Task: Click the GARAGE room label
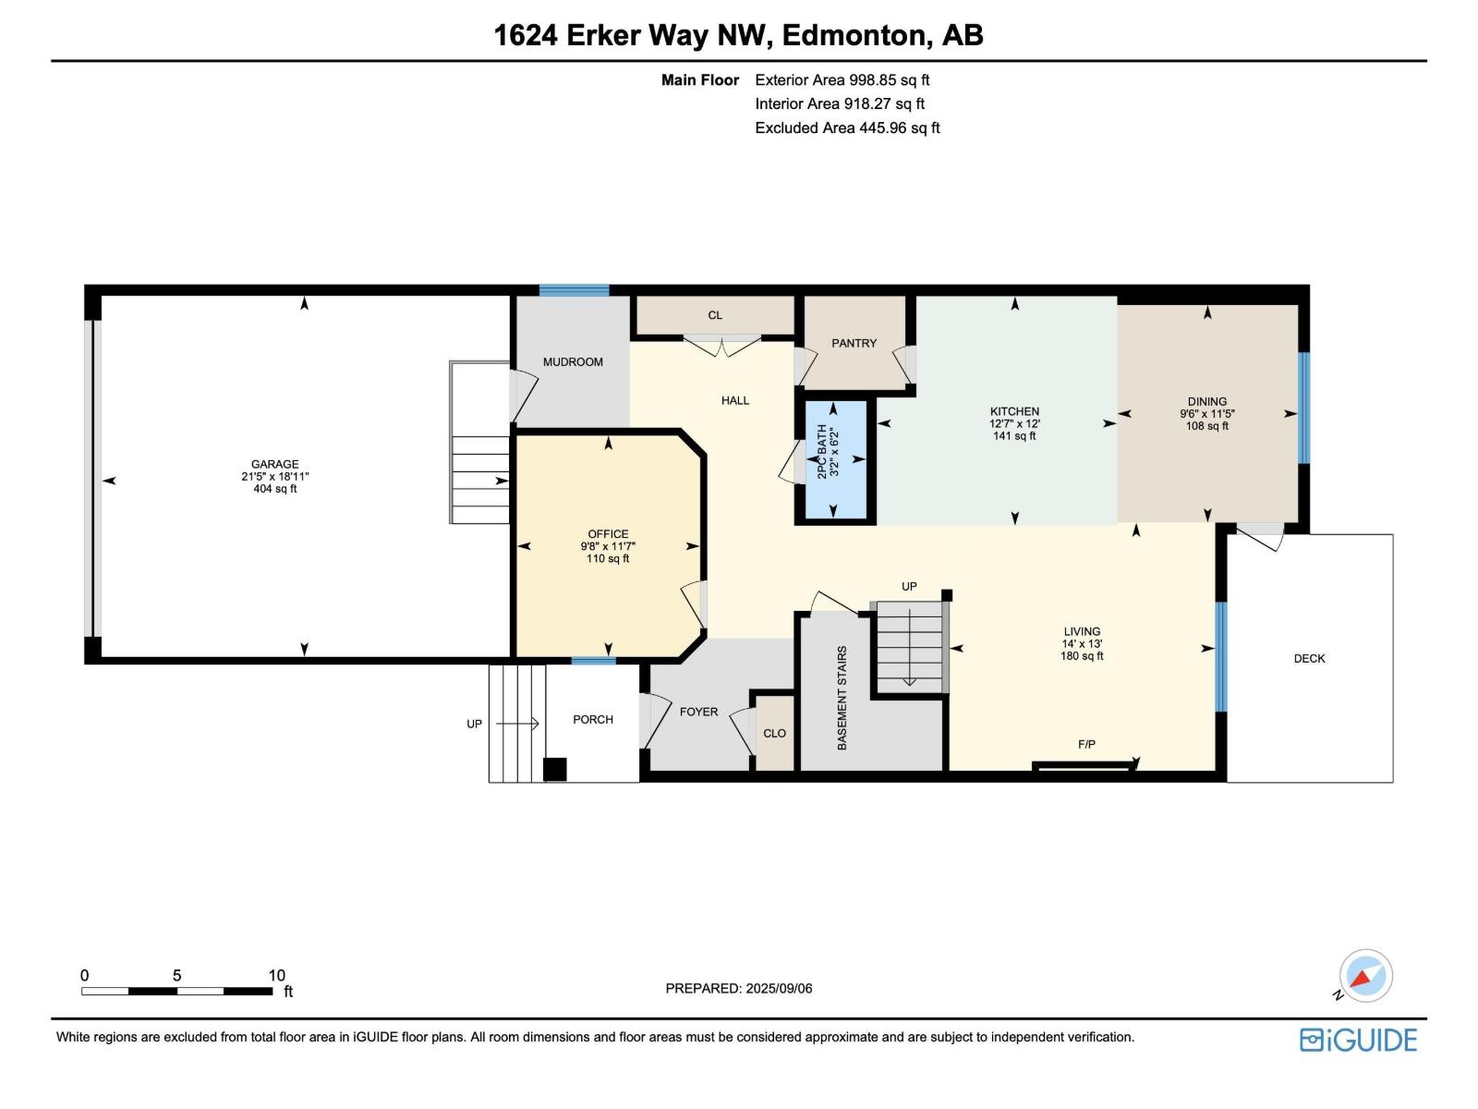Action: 274,465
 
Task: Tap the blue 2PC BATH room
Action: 836,459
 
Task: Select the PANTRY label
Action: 854,343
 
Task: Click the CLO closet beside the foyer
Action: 774,733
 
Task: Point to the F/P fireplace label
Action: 1086,744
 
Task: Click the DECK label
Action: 1309,659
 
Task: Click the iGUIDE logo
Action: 1358,1040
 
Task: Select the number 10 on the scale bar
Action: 276,975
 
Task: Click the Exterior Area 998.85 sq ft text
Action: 842,80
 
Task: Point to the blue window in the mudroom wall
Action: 574,290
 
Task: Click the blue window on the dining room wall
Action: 1303,408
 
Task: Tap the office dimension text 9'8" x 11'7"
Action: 608,546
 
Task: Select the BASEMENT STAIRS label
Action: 842,698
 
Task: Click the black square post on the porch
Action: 554,769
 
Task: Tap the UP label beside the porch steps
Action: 474,724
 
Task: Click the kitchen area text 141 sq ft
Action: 1014,436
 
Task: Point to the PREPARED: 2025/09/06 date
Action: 739,988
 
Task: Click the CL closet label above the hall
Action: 715,315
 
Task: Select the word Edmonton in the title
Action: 855,35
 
